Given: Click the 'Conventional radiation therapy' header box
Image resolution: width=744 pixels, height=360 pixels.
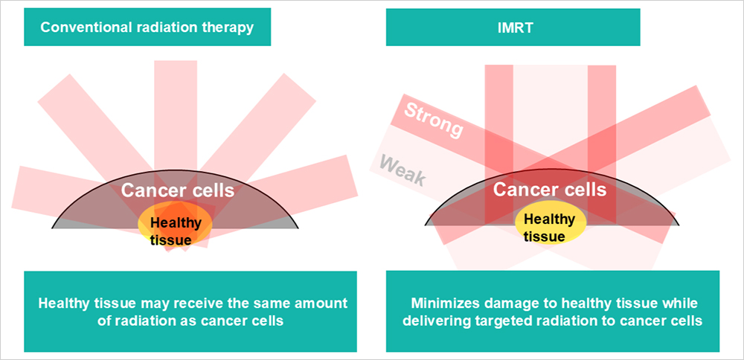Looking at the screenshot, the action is tap(147, 27).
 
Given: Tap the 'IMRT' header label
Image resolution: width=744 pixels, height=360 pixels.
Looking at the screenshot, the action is tap(513, 27).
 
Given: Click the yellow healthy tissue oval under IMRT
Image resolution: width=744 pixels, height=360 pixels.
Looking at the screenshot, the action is tap(551, 227).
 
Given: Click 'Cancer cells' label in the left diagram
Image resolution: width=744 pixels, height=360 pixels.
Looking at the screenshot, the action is tap(178, 190).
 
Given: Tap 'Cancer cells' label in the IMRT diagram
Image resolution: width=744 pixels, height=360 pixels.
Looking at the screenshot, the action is tap(550, 190).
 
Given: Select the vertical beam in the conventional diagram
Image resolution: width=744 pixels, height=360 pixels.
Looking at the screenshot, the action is tap(176, 133).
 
